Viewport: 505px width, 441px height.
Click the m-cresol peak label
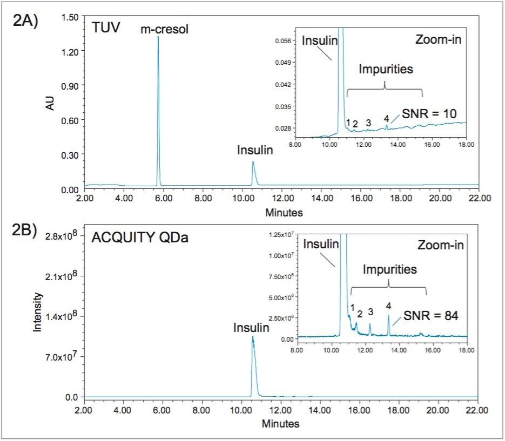[165, 29]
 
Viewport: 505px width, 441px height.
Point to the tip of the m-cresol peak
[158, 37]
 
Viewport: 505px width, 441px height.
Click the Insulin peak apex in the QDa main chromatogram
[252, 337]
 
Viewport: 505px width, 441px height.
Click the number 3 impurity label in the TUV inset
[368, 123]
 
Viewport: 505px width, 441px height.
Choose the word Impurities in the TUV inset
[386, 69]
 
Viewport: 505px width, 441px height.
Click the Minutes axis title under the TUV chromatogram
[284, 213]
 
